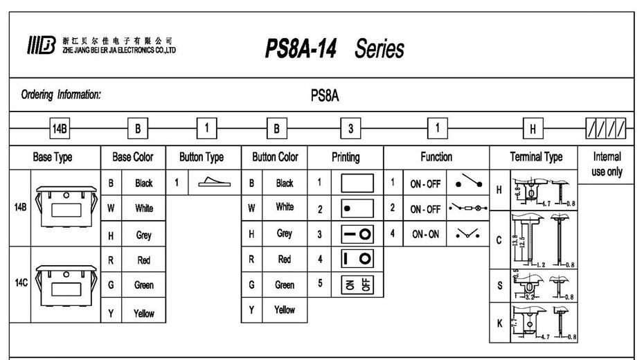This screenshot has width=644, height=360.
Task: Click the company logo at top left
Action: (40, 46)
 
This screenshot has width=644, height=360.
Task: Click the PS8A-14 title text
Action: (301, 49)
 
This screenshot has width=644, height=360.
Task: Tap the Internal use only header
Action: (607, 164)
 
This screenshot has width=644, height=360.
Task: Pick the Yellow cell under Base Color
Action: (143, 313)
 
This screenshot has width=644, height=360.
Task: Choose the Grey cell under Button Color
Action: (284, 234)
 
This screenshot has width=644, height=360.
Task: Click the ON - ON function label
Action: (425, 234)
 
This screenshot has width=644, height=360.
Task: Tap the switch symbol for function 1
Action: (469, 183)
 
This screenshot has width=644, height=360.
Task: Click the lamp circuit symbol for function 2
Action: (468, 208)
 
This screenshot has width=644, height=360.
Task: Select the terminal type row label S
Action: (499, 285)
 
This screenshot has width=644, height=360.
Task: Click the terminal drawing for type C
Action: (539, 240)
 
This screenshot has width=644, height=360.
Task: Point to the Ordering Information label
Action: (61, 95)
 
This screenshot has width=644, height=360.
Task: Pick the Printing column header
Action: (346, 157)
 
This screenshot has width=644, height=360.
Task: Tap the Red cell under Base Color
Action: (143, 260)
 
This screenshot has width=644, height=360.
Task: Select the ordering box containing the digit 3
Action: (350, 128)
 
